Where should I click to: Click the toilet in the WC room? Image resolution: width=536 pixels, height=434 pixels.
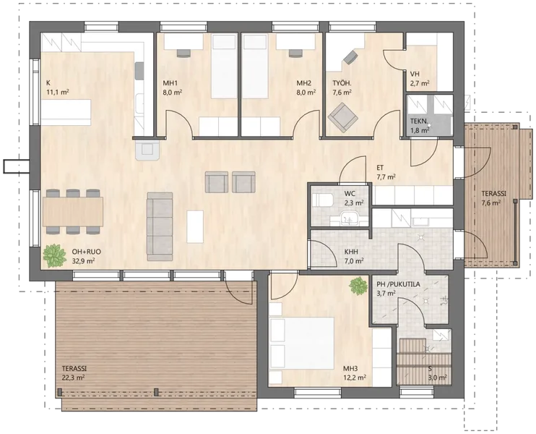[x=323, y=200]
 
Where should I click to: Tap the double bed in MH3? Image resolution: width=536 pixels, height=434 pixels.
[x=301, y=344]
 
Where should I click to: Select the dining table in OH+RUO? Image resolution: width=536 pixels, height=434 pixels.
[x=73, y=211]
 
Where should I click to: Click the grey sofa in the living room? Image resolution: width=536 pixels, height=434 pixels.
[x=160, y=226]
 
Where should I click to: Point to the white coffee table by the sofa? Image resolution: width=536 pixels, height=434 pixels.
[x=195, y=226]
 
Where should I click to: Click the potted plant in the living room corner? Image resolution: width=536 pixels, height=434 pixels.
[x=54, y=255]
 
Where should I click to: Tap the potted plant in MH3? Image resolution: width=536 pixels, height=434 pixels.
[x=358, y=286]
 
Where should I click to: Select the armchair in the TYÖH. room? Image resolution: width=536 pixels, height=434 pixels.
[x=343, y=117]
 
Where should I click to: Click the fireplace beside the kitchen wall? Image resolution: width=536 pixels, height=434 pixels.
[x=147, y=150]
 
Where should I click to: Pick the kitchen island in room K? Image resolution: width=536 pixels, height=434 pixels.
[x=66, y=111]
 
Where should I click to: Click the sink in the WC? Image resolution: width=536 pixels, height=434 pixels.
[x=350, y=218]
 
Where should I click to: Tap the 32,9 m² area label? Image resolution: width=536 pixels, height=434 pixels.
[x=83, y=260]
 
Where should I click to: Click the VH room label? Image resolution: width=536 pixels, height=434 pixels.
[x=415, y=74]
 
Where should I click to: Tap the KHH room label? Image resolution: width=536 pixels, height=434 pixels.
[x=351, y=252]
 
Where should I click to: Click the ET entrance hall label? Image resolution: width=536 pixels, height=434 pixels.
[x=380, y=168]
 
